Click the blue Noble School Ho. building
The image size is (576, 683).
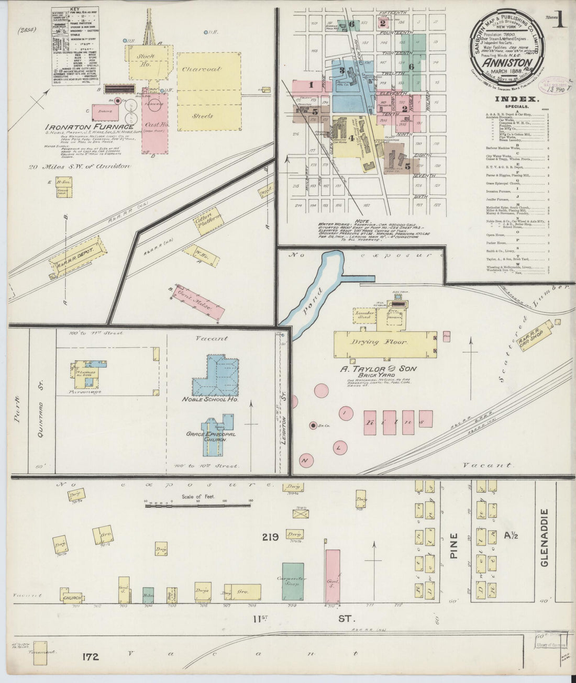pos(215,377)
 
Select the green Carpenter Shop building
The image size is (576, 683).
pos(293,581)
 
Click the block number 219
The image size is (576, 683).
pos(270,537)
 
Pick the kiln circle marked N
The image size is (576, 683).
pos(304,461)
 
